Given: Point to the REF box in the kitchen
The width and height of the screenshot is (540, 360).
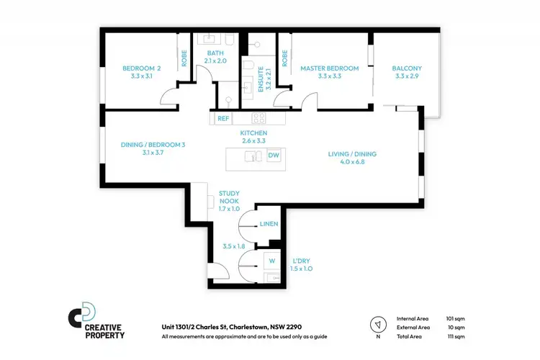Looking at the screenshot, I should [223, 118].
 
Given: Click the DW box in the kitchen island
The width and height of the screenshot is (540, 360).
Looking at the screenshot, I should [274, 156].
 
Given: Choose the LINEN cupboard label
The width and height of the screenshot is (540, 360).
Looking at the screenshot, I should [269, 225].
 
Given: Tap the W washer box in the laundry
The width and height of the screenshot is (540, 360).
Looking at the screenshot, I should [272, 260].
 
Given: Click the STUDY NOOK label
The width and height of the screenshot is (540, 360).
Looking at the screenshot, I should [233, 194].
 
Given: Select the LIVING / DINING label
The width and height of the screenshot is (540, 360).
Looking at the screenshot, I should [352, 154].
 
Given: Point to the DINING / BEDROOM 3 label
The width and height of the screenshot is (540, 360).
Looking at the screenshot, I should [153, 145].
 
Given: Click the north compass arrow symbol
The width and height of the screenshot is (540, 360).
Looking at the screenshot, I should [376, 323].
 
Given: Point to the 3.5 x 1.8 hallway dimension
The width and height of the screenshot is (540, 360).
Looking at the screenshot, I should [233, 246].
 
